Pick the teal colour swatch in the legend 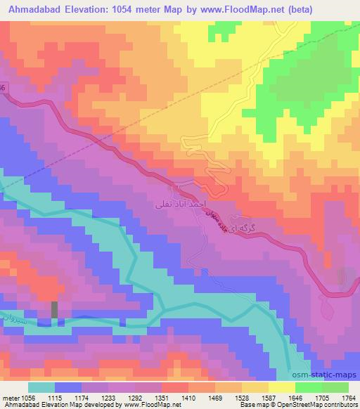41,387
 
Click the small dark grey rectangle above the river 55,309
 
